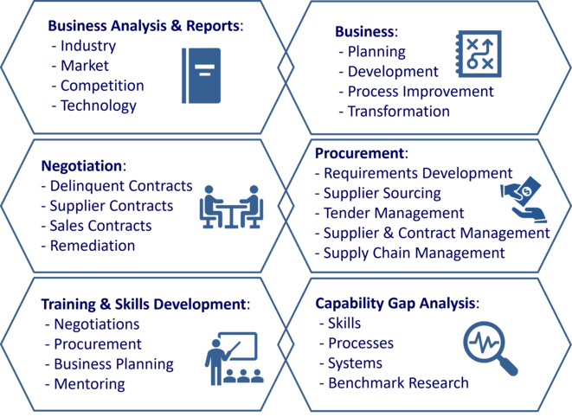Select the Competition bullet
[x=102, y=86]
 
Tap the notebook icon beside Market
[x=201, y=75]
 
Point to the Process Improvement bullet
[x=420, y=91]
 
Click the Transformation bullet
[x=398, y=111]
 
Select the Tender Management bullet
[x=393, y=213]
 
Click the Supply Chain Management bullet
[x=414, y=253]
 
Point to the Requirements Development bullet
[x=414, y=173]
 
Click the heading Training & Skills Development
[x=145, y=304]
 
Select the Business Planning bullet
[x=113, y=363]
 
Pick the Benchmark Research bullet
[x=394, y=382]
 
